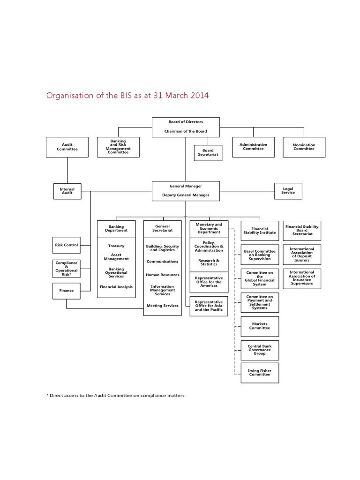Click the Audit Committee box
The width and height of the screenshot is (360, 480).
point(67,147)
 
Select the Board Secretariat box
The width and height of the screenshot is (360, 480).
point(208,152)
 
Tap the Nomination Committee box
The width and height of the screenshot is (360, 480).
point(304,147)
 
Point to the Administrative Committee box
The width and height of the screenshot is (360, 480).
point(253,146)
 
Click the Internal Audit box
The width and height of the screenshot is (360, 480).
point(67,191)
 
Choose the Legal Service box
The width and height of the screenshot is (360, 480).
point(288,191)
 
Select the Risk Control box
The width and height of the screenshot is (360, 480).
point(67,245)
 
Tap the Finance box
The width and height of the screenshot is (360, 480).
point(67,291)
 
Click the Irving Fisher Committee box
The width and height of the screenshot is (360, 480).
point(259,373)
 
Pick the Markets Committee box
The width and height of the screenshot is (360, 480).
point(259,326)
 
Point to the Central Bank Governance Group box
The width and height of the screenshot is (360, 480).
point(259,350)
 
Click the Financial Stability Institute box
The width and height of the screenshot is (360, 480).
point(259,231)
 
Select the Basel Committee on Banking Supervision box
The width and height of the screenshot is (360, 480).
point(259,255)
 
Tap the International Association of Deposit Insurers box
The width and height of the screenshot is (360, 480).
point(302,255)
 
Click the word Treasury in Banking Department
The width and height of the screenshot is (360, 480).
point(116,246)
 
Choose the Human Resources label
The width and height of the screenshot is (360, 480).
point(162,275)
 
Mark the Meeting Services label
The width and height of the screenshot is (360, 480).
point(162,306)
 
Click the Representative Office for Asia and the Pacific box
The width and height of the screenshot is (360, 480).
point(209,306)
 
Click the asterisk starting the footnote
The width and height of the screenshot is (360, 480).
point(48,395)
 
